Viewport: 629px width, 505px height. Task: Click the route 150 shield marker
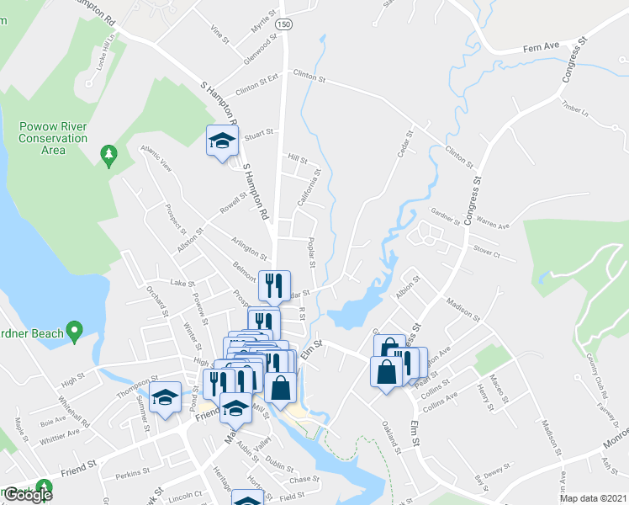[287, 26]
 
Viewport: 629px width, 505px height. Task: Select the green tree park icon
[108, 155]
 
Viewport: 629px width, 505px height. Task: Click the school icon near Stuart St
[221, 141]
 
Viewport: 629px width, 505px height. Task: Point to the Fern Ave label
[541, 50]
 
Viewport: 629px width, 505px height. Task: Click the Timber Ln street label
[572, 108]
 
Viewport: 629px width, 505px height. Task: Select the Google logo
[28, 495]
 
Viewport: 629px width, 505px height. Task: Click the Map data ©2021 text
[593, 498]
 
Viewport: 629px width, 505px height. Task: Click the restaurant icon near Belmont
[274, 286]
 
